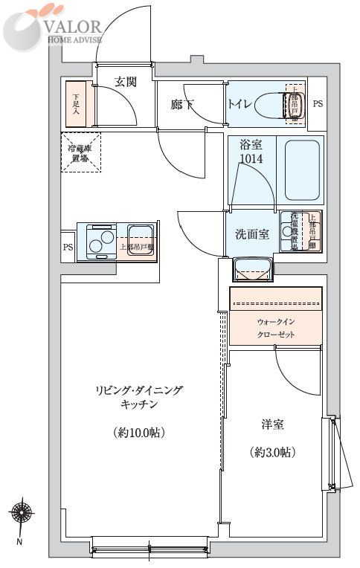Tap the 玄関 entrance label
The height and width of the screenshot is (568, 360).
click(x=126, y=83)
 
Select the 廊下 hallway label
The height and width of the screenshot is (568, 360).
click(x=181, y=105)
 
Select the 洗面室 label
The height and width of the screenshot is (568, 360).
click(x=252, y=234)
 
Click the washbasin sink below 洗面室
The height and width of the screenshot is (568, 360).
click(x=253, y=268)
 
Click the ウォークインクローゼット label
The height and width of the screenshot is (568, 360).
click(x=276, y=329)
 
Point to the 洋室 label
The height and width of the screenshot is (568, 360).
click(x=271, y=425)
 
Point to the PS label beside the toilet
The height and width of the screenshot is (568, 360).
click(x=318, y=103)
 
